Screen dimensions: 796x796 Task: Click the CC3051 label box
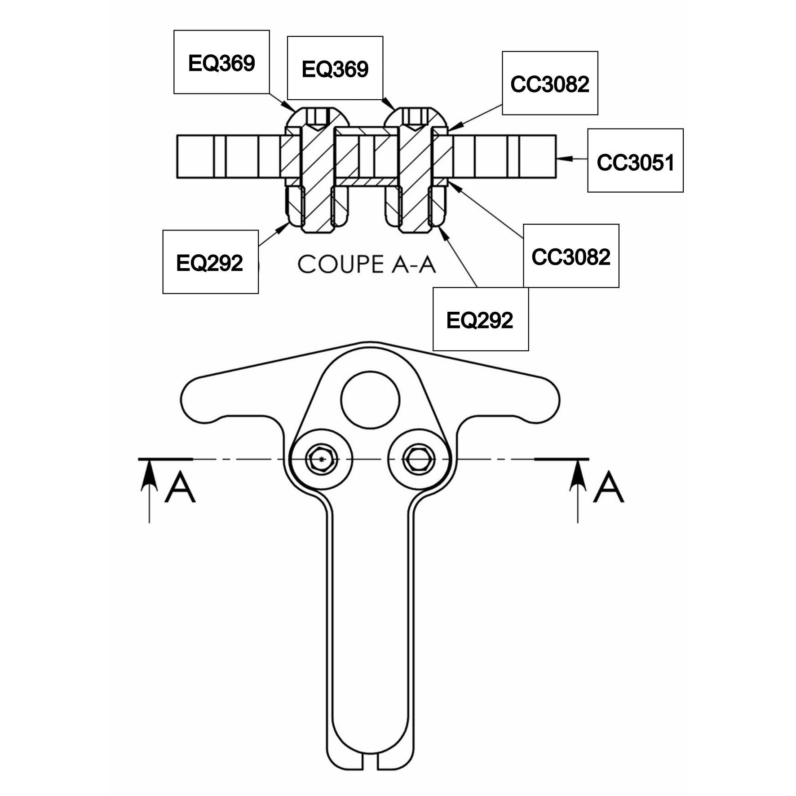click(635, 160)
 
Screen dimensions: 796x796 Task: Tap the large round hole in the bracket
click(370, 400)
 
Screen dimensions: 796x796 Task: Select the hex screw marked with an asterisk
click(321, 459)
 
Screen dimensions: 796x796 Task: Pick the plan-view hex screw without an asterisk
click(419, 459)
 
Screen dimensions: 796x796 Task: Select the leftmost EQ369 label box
click(221, 62)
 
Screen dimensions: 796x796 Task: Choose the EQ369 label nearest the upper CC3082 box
click(335, 68)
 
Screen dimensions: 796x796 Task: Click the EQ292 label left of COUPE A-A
click(210, 262)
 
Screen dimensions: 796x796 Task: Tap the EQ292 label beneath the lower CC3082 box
click(481, 319)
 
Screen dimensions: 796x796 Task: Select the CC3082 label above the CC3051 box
click(550, 83)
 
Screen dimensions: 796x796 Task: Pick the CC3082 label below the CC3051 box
click(571, 256)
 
